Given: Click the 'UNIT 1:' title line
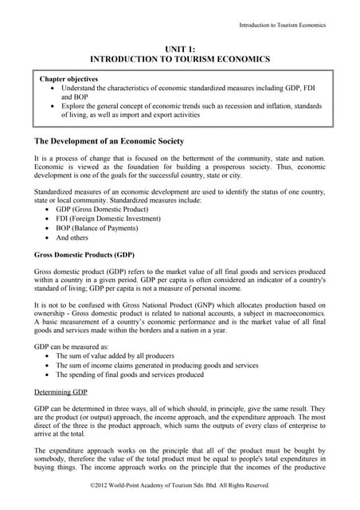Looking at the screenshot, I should click(180, 49).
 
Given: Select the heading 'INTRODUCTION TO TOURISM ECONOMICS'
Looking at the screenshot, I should click(180, 60).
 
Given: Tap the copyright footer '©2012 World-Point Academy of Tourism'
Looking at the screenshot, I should click(180, 484).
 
